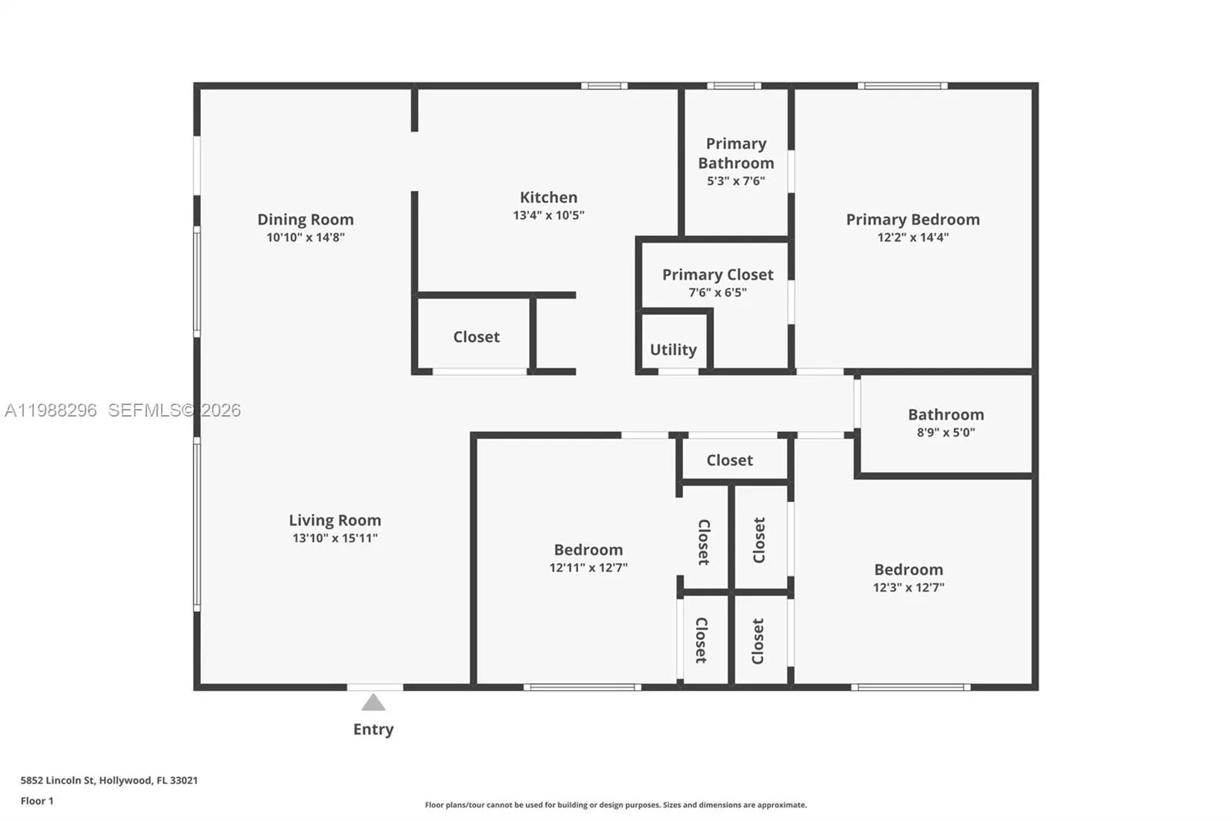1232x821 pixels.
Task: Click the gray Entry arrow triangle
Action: [373, 702]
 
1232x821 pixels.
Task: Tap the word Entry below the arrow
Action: [373, 729]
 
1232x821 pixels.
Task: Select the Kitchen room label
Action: [548, 197]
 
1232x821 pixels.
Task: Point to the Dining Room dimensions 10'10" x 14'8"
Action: [306, 237]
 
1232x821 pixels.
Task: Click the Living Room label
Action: [335, 521]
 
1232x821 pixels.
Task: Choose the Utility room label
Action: [673, 350]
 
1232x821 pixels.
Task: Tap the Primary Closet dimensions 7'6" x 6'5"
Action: [718, 293]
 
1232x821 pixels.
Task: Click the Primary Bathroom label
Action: [736, 153]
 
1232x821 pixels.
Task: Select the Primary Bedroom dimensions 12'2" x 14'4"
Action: [912, 237]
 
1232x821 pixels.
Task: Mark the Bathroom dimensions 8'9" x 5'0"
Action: [946, 432]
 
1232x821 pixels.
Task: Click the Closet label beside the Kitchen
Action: [476, 337]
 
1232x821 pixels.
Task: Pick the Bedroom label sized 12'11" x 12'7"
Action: [588, 550]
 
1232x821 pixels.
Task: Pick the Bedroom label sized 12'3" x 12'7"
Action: [908, 570]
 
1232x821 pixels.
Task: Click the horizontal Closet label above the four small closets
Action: [729, 460]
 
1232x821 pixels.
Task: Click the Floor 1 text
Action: [37, 801]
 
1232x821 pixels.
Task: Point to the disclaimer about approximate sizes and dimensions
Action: [615, 805]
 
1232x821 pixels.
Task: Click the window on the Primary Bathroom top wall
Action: [734, 85]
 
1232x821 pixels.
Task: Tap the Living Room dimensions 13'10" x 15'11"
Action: [335, 538]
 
